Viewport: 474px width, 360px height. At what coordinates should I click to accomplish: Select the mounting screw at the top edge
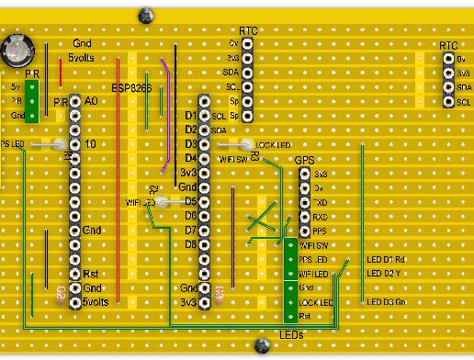(144, 15)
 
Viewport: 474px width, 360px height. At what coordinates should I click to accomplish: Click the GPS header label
(304, 160)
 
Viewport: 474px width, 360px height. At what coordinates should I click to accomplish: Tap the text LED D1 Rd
(386, 259)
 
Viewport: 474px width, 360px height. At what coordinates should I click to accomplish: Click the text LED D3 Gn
(386, 301)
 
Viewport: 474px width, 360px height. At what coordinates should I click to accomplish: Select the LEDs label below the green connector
(290, 335)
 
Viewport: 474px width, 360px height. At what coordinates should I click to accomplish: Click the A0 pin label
(90, 101)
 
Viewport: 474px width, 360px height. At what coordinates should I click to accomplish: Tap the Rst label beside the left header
(90, 274)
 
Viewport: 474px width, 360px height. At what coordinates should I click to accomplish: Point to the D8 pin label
(191, 244)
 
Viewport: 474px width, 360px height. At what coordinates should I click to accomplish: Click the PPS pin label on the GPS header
(321, 231)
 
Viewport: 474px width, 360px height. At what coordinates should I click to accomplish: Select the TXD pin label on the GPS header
(321, 202)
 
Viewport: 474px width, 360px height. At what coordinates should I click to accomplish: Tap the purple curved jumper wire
(166, 115)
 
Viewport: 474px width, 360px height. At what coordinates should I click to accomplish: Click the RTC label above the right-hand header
(448, 45)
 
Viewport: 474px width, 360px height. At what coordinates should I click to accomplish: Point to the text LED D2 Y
(384, 274)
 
